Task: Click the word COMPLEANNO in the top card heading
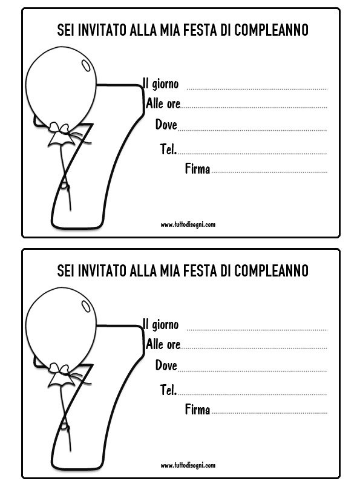271,30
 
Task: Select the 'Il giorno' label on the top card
160,83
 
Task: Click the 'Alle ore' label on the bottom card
163,344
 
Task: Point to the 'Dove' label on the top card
166,125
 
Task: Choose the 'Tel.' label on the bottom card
168,390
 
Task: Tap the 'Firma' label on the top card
198,169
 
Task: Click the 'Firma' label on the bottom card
198,410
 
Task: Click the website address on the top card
188,224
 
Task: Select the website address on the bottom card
188,465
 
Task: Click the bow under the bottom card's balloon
61,375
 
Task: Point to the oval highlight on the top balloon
85,65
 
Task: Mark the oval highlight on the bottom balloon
85,306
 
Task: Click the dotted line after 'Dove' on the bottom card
252,371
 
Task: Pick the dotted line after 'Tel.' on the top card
252,154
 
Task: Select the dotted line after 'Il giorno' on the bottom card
257,330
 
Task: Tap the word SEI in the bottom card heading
66,270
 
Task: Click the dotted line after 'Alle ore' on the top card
254,108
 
